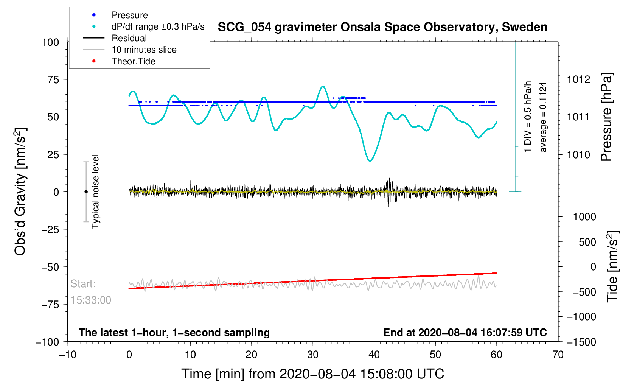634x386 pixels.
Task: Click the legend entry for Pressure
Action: [129, 15]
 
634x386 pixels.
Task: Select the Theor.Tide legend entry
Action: [133, 61]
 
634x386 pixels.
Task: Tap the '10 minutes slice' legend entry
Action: [144, 50]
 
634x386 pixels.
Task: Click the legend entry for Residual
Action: [129, 38]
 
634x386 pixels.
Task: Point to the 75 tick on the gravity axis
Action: [51, 79]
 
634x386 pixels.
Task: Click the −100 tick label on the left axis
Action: [47, 342]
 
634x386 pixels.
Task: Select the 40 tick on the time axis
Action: [374, 355]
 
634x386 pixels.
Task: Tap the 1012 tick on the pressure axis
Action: [578, 79]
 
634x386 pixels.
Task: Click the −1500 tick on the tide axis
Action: [581, 342]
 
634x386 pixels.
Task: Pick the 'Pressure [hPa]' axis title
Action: [606, 117]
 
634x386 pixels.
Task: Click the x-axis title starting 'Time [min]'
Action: [312, 374]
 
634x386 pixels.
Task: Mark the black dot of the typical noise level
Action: [86, 192]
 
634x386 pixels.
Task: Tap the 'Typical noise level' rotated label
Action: [95, 192]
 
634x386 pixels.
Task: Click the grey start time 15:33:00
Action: [91, 300]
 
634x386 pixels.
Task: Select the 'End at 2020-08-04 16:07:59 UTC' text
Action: [465, 333]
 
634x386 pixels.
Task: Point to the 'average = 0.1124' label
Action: [543, 117]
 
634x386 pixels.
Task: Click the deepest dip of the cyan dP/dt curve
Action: [370, 161]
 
